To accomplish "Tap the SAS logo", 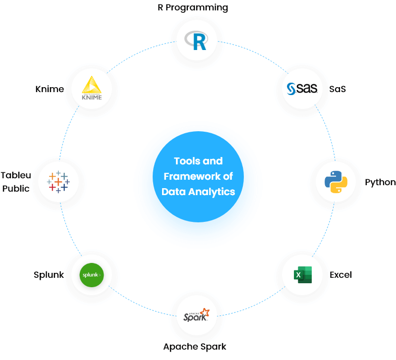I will coord(302,89).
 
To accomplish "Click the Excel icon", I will coord(302,275).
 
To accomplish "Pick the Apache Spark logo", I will coord(197,315).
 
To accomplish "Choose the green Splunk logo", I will coord(92,275).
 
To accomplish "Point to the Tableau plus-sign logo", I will coord(58,182).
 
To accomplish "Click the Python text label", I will coord(381,182).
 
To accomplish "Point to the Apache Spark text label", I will coord(195,347).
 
